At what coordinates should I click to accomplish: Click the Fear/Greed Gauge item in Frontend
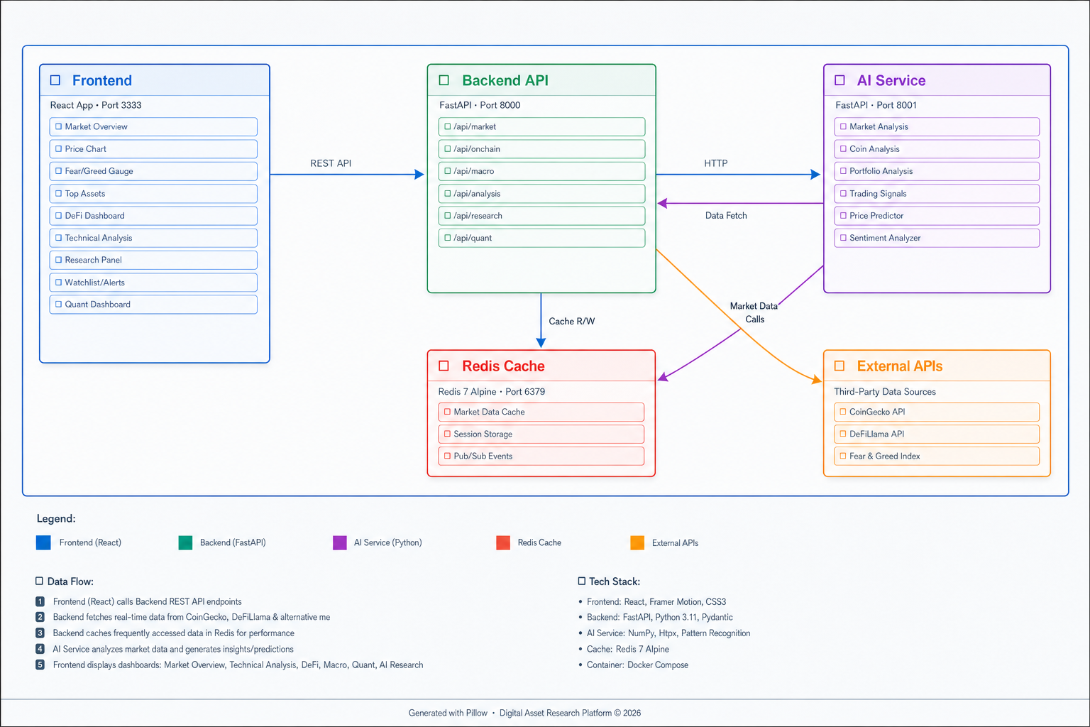153,171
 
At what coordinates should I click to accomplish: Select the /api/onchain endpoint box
541,149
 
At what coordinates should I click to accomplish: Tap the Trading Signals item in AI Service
937,193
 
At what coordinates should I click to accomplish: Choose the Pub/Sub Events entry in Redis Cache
541,457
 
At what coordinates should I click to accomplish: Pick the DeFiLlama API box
937,434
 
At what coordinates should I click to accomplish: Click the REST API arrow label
331,163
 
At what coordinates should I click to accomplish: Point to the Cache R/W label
572,322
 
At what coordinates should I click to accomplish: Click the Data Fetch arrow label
726,215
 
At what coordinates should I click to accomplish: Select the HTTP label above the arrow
716,163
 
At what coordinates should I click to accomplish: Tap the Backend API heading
505,80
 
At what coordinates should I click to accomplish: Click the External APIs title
900,366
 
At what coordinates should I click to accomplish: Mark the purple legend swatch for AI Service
340,542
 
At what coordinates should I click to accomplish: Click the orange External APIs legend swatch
637,542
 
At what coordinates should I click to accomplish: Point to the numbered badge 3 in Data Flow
40,633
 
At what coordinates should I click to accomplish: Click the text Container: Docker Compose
637,665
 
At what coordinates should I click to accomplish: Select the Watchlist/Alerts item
153,283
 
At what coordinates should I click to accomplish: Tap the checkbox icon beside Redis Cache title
444,366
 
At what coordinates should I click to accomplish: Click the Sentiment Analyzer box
937,238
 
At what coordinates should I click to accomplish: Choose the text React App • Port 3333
96,105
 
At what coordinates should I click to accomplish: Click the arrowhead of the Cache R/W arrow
541,343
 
